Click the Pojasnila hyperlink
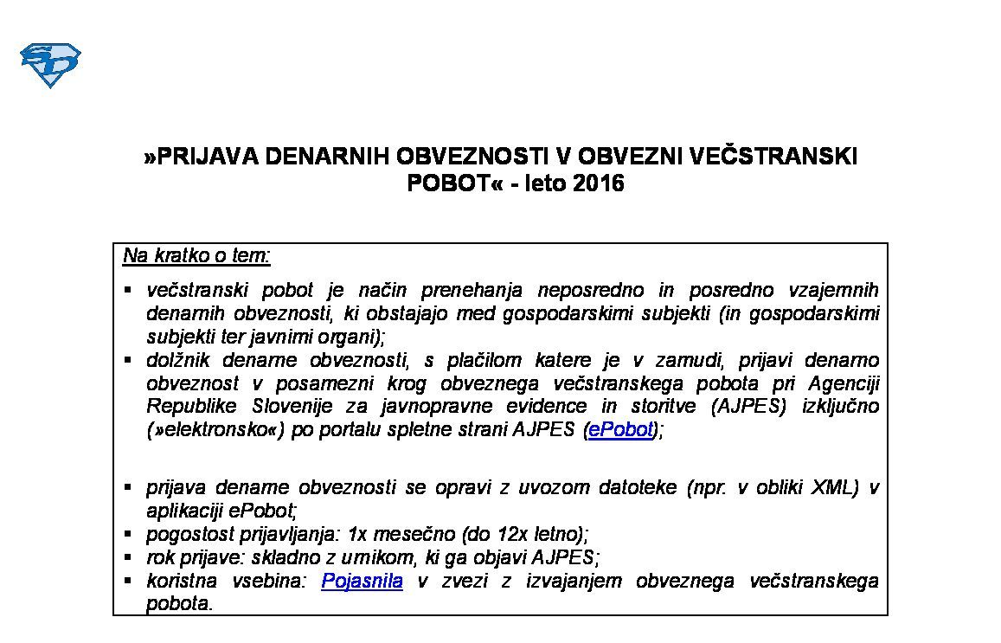pos(362,581)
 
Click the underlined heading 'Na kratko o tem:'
pos(196,255)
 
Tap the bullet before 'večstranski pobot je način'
pos(128,290)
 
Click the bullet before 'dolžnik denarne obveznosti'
pos(128,360)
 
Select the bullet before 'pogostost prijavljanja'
pos(128,534)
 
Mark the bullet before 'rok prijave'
pos(128,557)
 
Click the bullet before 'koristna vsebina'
pos(128,581)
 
